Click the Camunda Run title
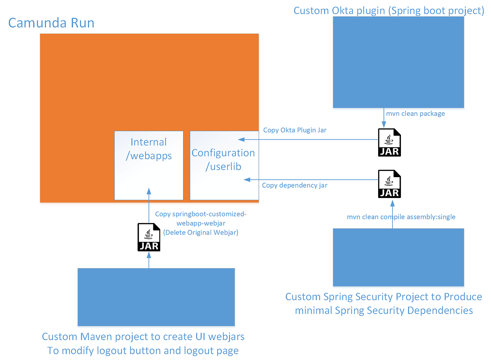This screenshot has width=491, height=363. click(51, 23)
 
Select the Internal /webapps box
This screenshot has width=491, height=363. click(149, 165)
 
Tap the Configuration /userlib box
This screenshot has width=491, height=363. click(224, 165)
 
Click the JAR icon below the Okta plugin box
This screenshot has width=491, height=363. click(389, 142)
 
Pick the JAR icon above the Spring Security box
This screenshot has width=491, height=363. click(389, 184)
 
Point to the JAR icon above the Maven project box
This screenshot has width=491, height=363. click(149, 237)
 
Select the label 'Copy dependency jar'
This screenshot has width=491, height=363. click(294, 185)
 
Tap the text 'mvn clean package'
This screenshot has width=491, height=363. click(415, 113)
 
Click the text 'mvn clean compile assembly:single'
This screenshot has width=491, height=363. click(401, 216)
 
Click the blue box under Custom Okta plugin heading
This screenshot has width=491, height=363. click(398, 65)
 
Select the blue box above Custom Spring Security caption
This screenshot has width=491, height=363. click(398, 257)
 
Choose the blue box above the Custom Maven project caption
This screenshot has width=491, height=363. click(156, 297)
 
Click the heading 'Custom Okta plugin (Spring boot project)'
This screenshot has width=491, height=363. click(389, 11)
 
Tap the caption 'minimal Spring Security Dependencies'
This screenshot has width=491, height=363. click(384, 310)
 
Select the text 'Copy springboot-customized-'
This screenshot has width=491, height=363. click(200, 214)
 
